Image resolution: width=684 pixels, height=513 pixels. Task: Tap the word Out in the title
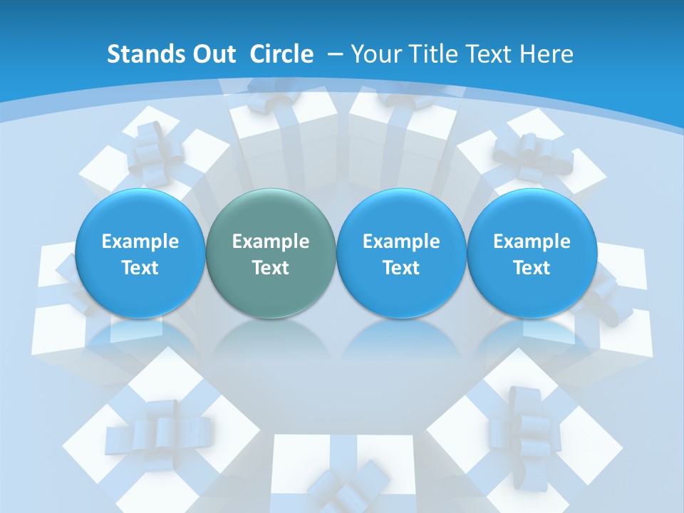click(209, 54)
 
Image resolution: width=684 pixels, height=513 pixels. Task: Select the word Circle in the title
click(281, 54)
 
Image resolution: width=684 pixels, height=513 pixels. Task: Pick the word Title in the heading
click(432, 54)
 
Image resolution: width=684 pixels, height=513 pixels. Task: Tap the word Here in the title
click(547, 54)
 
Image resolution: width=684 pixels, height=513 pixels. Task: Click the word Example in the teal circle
click(271, 242)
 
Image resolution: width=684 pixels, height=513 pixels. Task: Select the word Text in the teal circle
click(271, 268)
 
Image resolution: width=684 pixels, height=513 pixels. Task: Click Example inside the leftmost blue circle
click(140, 242)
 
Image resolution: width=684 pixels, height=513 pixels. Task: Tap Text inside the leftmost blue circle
click(140, 268)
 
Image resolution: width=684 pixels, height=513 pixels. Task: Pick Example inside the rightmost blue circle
click(532, 242)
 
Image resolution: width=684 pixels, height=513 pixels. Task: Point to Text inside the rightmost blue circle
click(532, 268)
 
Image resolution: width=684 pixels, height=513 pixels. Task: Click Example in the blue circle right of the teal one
click(401, 242)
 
